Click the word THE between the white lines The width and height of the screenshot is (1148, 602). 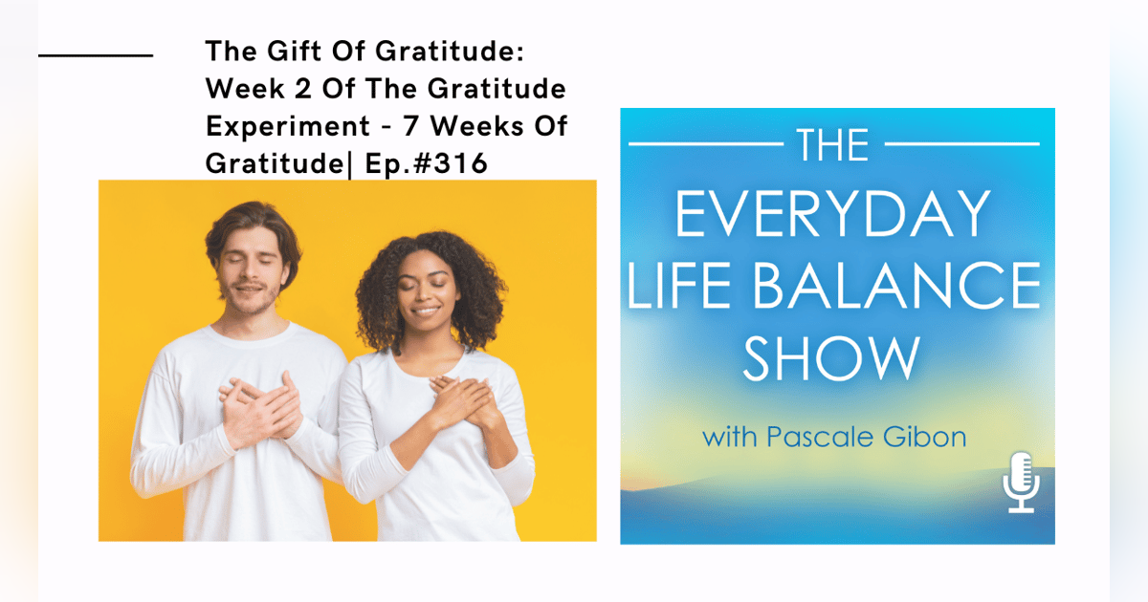pyautogui.click(x=833, y=145)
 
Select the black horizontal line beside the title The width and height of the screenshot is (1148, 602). pyautogui.click(x=96, y=55)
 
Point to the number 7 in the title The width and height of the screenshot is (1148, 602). pyautogui.click(x=426, y=127)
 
